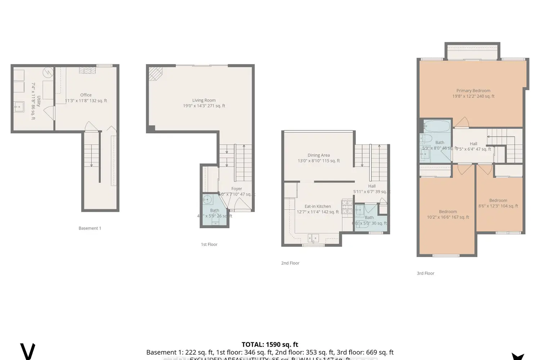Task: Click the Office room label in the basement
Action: click(86, 95)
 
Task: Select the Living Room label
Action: click(204, 100)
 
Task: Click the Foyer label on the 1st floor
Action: click(237, 189)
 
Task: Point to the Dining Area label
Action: click(319, 155)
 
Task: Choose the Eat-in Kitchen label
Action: click(318, 206)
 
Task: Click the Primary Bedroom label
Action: click(473, 91)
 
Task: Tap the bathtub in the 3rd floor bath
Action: click(437, 126)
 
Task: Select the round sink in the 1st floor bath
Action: click(207, 200)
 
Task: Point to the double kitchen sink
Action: click(313, 238)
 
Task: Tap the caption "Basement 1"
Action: click(90, 228)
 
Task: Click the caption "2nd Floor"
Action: click(290, 263)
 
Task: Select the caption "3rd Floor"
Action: click(426, 273)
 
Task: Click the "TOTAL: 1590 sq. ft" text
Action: click(270, 345)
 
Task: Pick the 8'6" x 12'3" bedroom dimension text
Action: click(498, 206)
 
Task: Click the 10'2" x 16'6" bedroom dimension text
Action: click(448, 217)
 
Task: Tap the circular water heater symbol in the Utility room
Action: click(48, 73)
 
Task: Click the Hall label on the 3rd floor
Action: click(473, 144)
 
